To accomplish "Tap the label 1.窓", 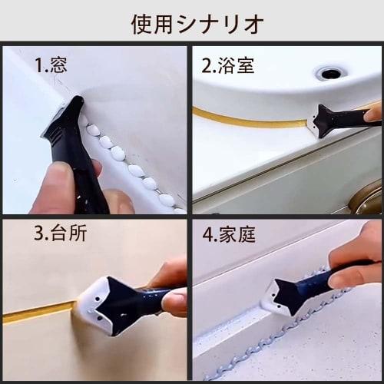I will [51, 65].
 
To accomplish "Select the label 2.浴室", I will [227, 65].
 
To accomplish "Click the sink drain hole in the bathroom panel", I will [331, 74].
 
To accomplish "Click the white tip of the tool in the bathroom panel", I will [315, 124].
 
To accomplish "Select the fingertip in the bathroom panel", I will [373, 114].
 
